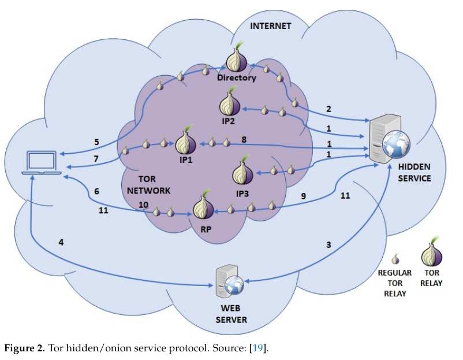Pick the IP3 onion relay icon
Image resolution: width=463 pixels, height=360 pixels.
click(242, 172)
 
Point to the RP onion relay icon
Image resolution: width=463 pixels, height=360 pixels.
click(202, 208)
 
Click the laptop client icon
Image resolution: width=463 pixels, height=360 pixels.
click(42, 163)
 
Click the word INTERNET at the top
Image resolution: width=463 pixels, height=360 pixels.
click(271, 26)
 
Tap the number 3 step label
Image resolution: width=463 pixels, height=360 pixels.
click(328, 244)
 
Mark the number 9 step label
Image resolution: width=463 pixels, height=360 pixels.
click(304, 196)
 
